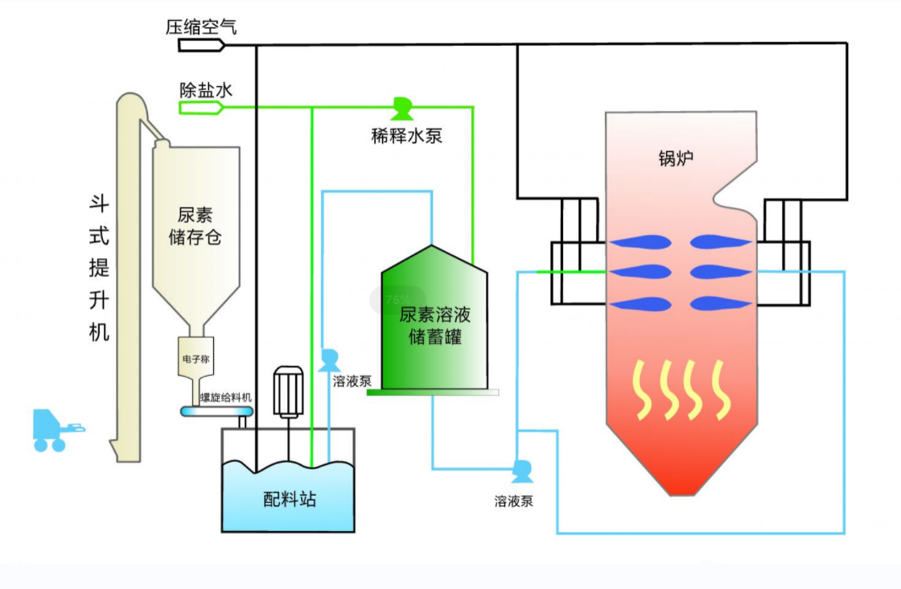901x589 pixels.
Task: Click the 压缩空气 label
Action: [201, 27]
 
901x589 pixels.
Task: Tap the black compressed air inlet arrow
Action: [200, 45]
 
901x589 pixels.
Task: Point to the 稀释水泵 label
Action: [406, 134]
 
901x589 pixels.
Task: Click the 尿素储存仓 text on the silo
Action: [195, 226]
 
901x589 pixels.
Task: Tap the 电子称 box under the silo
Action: [195, 360]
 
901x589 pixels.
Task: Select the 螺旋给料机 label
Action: [226, 397]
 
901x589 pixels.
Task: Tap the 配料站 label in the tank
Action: [290, 500]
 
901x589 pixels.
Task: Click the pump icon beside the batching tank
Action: [328, 359]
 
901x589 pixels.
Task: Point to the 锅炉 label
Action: [675, 159]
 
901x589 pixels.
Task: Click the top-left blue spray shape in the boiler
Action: [640, 241]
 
